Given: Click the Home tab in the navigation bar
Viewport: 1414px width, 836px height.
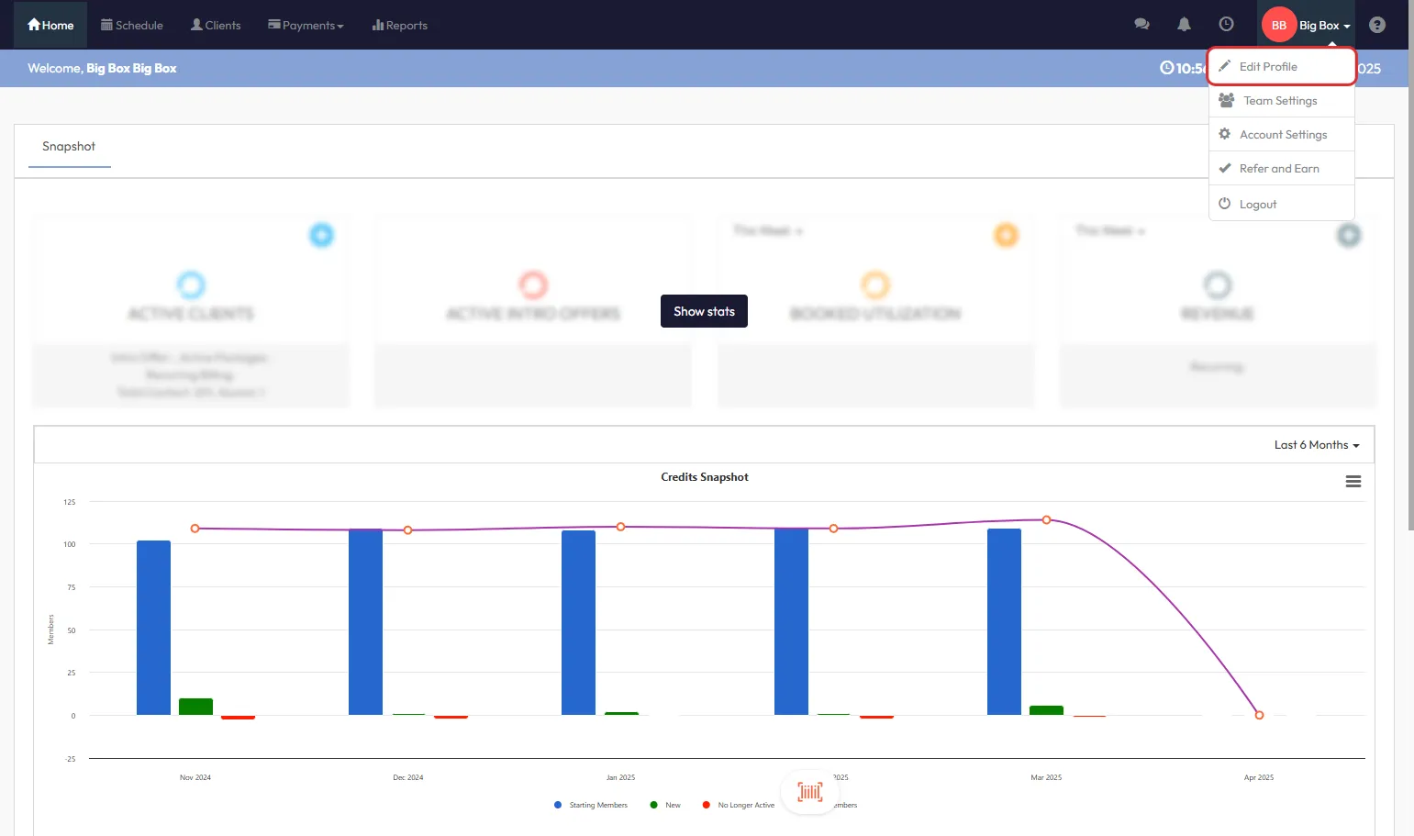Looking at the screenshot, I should point(50,25).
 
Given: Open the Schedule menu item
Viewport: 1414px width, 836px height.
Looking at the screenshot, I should point(132,25).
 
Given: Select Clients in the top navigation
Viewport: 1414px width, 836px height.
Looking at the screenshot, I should point(216,25).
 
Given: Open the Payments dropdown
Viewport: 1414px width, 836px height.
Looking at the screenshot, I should point(306,25).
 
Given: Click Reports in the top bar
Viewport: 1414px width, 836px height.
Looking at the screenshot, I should point(400,25).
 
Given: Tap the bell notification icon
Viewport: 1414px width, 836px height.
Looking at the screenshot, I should point(1184,25).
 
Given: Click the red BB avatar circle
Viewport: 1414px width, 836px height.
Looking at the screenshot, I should point(1278,25).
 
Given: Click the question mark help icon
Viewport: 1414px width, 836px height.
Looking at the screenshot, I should point(1376,25).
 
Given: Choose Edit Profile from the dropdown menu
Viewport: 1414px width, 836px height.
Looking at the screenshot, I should point(1268,67).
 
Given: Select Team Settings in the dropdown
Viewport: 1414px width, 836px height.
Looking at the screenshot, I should point(1280,101).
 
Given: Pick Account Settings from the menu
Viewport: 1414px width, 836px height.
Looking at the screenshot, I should point(1283,135).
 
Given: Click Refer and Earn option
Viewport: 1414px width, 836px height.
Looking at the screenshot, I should point(1279,169).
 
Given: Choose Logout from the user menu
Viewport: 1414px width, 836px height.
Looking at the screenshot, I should point(1257,205).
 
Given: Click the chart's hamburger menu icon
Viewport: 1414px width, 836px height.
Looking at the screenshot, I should point(1353,482).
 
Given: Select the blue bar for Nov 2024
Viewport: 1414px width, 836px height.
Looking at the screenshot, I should point(153,628).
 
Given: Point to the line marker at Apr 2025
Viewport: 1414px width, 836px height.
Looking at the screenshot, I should point(1259,715).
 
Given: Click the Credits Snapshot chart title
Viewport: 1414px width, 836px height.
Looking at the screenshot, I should point(705,477).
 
